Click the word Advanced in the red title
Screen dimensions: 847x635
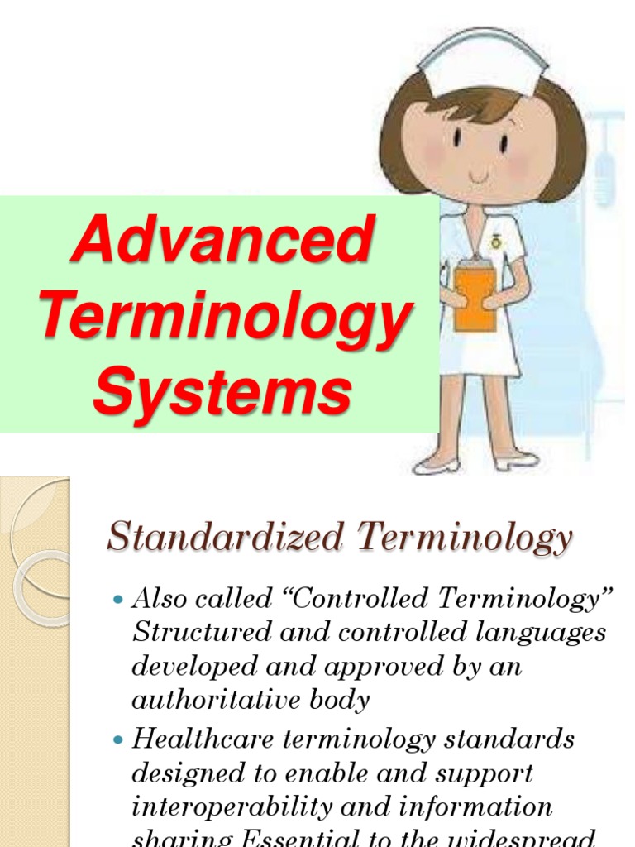coord(222,239)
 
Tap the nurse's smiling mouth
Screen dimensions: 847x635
coord(479,175)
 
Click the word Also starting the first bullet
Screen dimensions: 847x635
coord(158,598)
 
